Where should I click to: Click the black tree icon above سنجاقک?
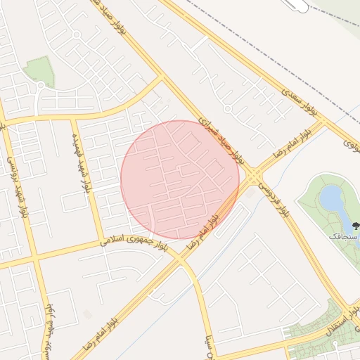[x=354, y=226]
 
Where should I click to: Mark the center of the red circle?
[x=180, y=180]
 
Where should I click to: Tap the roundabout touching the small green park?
[x=41, y=86]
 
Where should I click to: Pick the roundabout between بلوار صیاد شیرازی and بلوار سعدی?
[x=227, y=109]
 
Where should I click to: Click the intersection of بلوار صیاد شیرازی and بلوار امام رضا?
[x=252, y=172]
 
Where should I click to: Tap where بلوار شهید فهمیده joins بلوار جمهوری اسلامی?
[x=102, y=243]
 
